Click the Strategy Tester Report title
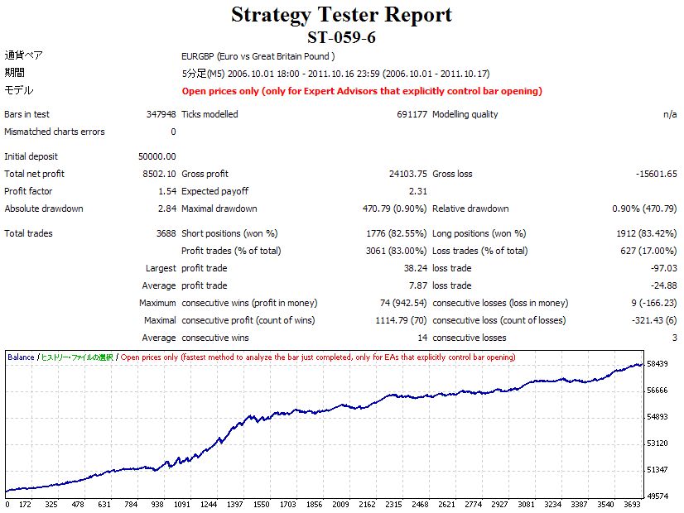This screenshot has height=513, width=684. point(341,15)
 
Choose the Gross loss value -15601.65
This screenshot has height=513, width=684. point(653,174)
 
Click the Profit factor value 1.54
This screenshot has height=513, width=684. point(166,191)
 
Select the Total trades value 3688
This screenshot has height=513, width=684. point(165,233)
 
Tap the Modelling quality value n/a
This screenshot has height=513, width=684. point(670,114)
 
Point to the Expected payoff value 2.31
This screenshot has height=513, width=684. point(417,191)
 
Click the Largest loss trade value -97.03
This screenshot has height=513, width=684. point(663,268)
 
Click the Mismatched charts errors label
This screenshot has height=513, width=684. point(55,132)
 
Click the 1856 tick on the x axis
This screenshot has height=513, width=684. point(315,504)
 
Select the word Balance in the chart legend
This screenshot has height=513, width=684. point(21,357)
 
